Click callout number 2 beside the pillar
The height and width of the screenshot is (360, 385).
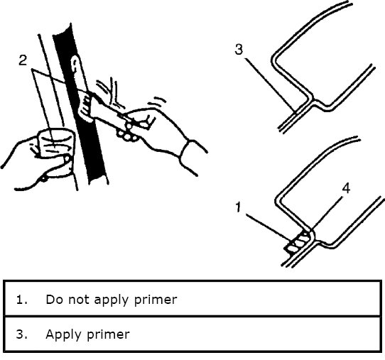click(23, 60)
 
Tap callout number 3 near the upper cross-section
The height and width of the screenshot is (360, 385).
click(239, 49)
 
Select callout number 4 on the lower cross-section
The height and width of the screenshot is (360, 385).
click(346, 188)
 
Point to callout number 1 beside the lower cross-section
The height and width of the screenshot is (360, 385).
click(238, 207)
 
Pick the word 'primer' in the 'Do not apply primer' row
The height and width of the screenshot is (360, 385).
click(156, 300)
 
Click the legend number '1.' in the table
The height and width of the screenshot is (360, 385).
click(21, 300)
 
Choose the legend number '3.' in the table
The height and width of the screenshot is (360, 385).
click(21, 334)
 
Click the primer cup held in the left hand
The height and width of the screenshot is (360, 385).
click(56, 142)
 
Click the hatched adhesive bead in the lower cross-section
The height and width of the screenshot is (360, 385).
click(298, 243)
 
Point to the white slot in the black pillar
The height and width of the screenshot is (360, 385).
click(75, 65)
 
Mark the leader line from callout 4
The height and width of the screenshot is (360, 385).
click(327, 213)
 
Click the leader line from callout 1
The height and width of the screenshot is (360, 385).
click(268, 227)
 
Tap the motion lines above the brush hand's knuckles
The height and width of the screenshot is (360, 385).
click(157, 101)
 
